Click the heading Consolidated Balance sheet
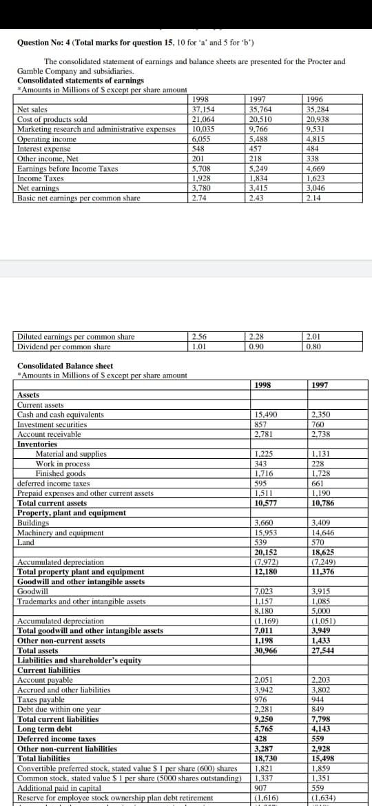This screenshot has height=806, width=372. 65,366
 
